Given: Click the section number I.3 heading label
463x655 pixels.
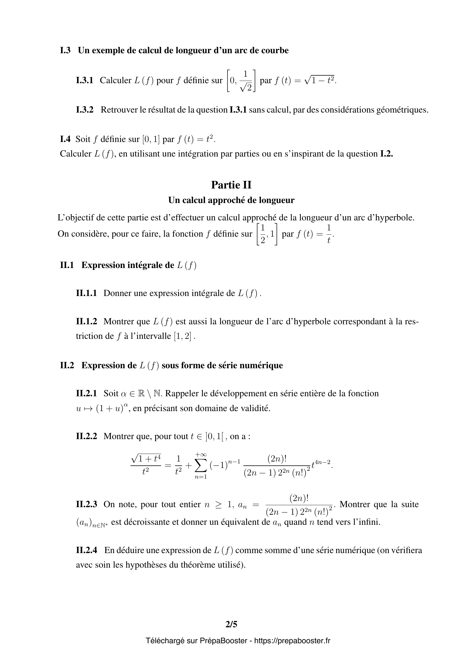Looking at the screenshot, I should pyautogui.click(x=65, y=50).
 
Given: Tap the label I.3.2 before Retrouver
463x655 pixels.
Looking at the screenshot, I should pyautogui.click(x=85, y=110).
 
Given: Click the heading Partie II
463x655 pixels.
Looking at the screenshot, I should pyautogui.click(x=231, y=185).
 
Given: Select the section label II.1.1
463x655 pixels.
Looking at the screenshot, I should pyautogui.click(x=87, y=293).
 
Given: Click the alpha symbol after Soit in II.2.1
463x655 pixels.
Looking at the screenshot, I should pyautogui.click(x=123, y=394).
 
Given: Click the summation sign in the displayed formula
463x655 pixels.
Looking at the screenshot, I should pyautogui.click(x=201, y=466).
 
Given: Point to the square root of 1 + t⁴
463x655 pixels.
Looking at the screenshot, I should pyautogui.click(x=146, y=458).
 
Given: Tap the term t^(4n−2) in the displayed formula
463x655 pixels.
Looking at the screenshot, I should pyautogui.click(x=321, y=465).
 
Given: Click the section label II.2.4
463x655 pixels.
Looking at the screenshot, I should pyautogui.click(x=87, y=550).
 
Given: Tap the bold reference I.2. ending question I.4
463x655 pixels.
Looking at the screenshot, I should pyautogui.click(x=387, y=154).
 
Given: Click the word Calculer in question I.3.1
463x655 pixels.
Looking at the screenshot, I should pyautogui.click(x=115, y=80).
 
